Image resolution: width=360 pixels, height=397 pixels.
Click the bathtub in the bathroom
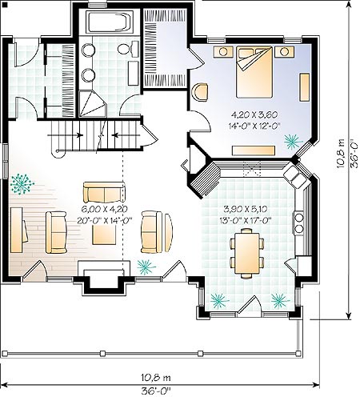[x=110, y=22]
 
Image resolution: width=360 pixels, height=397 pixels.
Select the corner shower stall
[x=92, y=104]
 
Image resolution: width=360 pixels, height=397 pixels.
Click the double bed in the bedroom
[x=254, y=72]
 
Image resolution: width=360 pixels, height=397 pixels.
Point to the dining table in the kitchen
[x=247, y=253]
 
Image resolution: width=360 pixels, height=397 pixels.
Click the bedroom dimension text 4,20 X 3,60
[x=254, y=114]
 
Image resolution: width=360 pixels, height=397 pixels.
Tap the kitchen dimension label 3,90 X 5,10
[x=245, y=210]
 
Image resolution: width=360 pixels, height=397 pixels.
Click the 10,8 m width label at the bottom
[x=156, y=378]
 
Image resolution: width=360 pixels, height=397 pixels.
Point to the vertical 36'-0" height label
[x=354, y=154]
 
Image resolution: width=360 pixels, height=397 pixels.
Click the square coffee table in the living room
[x=104, y=235]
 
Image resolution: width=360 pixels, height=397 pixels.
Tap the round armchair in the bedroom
[x=200, y=92]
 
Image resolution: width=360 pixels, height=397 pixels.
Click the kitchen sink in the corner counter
[x=294, y=177]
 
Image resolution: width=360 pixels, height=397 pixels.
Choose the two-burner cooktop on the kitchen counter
[x=299, y=223]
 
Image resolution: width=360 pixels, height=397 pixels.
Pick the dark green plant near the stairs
[x=22, y=183]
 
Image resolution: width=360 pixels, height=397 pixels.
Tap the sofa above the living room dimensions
[x=104, y=192]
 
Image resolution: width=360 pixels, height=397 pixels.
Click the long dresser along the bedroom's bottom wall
[x=254, y=150]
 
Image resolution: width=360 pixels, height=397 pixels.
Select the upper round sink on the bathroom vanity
[x=88, y=50]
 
